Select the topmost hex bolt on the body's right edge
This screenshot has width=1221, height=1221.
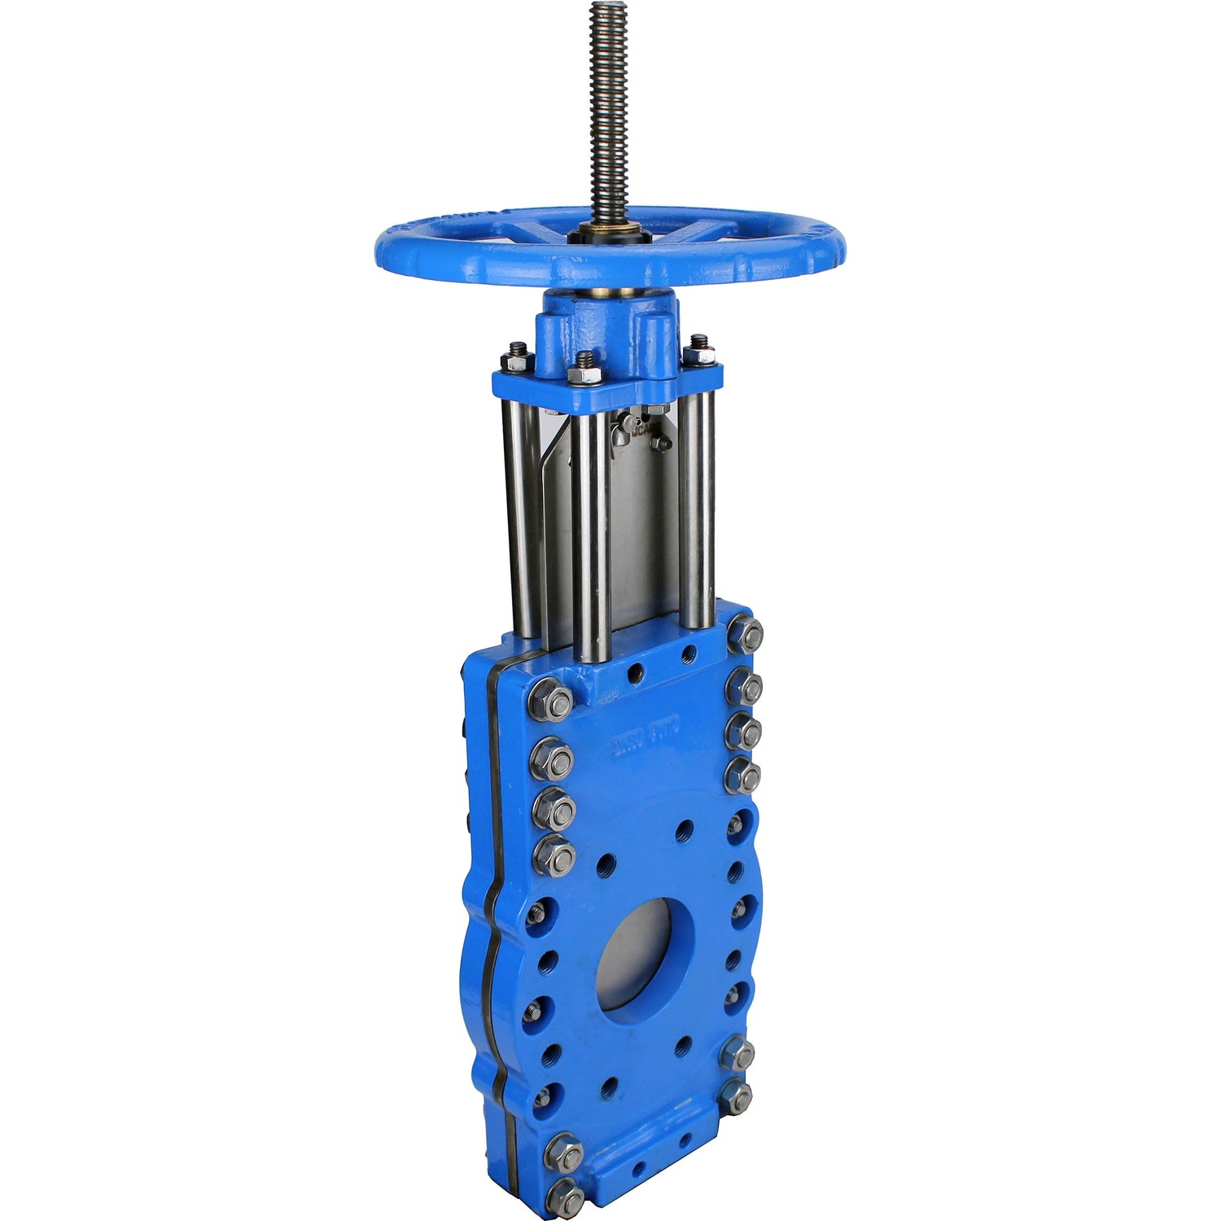746,633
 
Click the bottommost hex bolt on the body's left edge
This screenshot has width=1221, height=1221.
564,1199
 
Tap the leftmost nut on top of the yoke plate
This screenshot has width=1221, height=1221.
517,358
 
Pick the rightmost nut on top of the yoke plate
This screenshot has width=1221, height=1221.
698,352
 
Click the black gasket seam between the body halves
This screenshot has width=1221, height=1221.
492,895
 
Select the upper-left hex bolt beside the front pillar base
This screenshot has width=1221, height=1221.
552,700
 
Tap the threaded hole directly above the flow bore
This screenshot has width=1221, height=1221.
682,830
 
